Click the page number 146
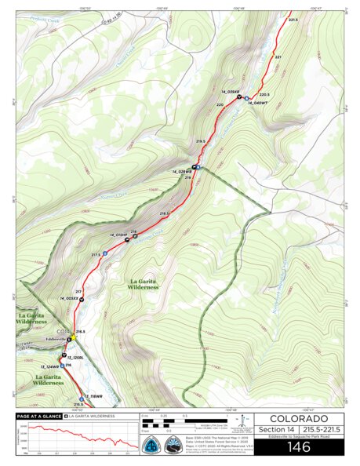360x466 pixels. click(x=299, y=447)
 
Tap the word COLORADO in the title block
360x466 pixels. click(x=299, y=418)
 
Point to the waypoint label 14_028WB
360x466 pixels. click(x=182, y=171)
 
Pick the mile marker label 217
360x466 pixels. click(x=78, y=291)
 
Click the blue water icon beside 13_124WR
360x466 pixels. click(x=62, y=366)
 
